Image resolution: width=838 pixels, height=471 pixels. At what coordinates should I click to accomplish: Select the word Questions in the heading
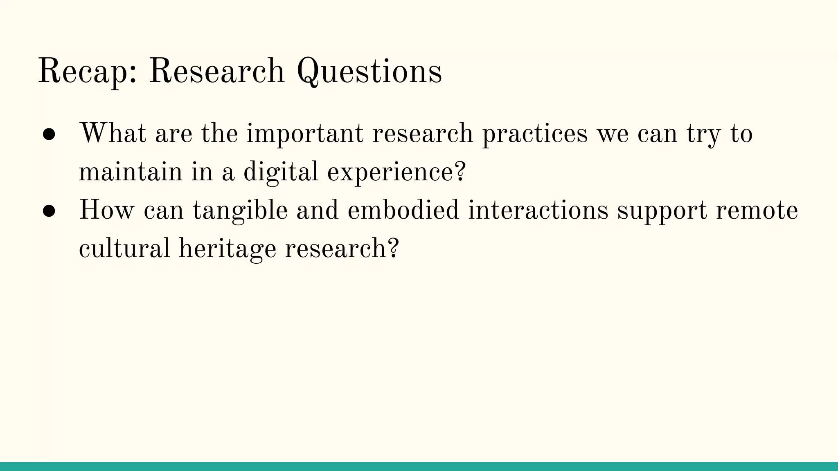pyautogui.click(x=369, y=71)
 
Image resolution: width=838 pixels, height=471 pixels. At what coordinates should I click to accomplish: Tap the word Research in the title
pyautogui.click(x=216, y=71)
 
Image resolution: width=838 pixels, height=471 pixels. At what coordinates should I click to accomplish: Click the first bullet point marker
pyautogui.click(x=49, y=135)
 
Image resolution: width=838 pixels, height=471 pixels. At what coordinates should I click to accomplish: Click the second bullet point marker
pyautogui.click(x=49, y=211)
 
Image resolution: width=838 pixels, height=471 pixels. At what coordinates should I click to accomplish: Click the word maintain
pyautogui.click(x=130, y=172)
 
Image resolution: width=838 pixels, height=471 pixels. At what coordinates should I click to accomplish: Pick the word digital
pyautogui.click(x=281, y=172)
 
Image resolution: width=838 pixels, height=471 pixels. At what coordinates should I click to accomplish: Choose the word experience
pyautogui.click(x=396, y=172)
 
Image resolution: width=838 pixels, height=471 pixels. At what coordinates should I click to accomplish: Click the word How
pyautogui.click(x=106, y=210)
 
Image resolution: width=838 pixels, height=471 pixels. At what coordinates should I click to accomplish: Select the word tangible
pyautogui.click(x=240, y=210)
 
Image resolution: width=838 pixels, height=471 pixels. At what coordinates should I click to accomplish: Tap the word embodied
pyautogui.click(x=403, y=210)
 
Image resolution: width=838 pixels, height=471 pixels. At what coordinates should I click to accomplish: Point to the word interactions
pyautogui.click(x=538, y=210)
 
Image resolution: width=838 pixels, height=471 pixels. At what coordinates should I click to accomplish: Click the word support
pyautogui.click(x=662, y=210)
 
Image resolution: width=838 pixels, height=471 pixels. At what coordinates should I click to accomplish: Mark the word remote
pyautogui.click(x=757, y=210)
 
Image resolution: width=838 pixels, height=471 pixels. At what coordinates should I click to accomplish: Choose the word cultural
pyautogui.click(x=124, y=248)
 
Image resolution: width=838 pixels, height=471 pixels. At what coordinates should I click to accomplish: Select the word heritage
pyautogui.click(x=228, y=248)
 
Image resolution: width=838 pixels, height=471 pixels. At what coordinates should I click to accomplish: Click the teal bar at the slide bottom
pyautogui.click(x=419, y=466)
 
